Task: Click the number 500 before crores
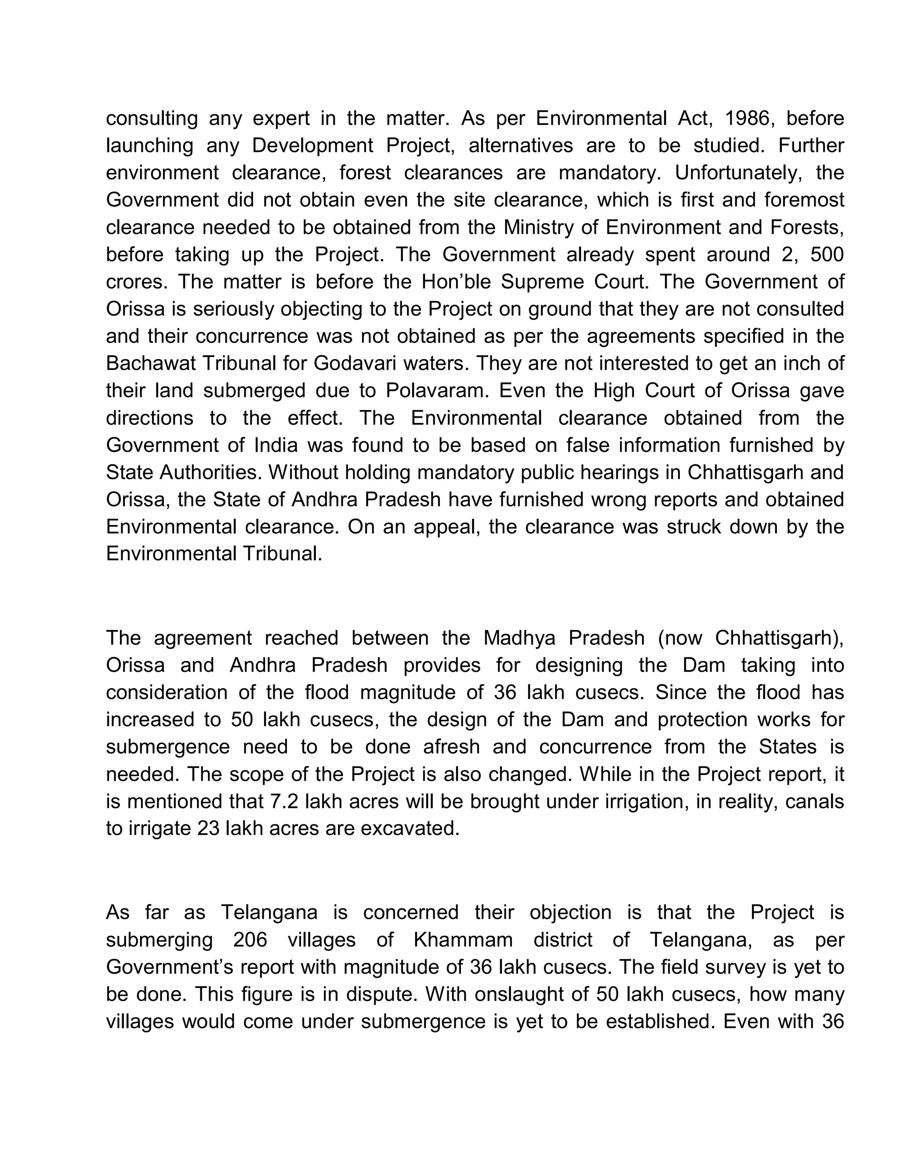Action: pyautogui.click(x=827, y=255)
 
